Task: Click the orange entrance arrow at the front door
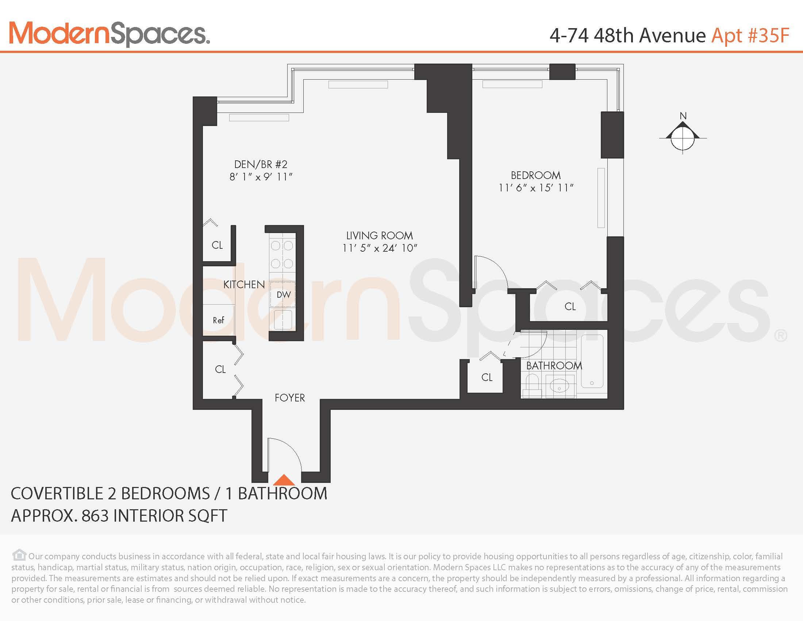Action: point(284,480)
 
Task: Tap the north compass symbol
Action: point(683,137)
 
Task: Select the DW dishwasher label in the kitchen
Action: point(284,295)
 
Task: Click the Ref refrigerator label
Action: point(218,320)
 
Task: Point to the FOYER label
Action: point(290,398)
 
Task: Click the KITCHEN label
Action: point(244,284)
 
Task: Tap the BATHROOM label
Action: point(554,366)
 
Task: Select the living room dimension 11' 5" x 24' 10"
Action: point(380,248)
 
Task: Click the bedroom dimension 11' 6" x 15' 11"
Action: point(536,188)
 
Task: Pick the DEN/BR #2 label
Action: point(261,164)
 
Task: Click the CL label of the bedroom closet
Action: point(570,306)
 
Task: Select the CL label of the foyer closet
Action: point(220,369)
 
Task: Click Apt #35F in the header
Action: point(750,36)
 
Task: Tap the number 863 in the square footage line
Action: point(96,516)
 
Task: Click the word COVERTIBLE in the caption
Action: point(57,494)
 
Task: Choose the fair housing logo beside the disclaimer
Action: point(19,555)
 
